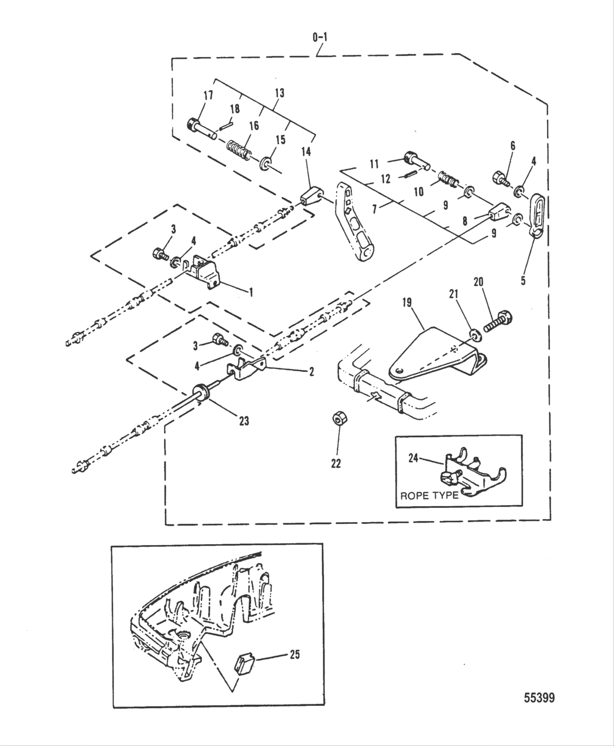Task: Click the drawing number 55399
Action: point(539,698)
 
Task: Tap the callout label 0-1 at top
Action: point(320,37)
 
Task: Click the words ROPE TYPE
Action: point(429,496)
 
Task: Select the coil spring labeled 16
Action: point(239,150)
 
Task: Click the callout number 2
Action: point(311,372)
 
